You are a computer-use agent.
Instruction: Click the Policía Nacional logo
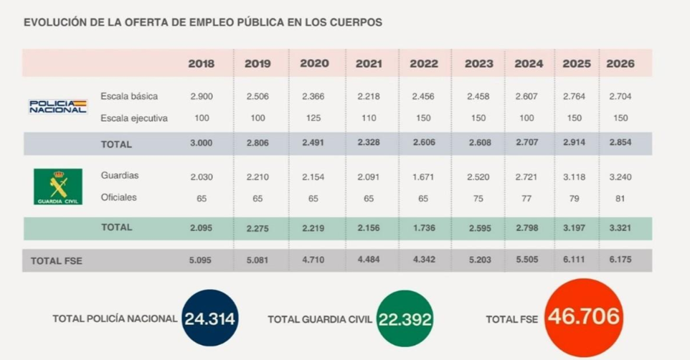(57, 107)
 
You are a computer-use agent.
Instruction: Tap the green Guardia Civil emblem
(57, 186)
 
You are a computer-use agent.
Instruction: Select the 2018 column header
(202, 63)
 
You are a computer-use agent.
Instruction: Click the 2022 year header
(424, 63)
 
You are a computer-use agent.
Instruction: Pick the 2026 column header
(620, 63)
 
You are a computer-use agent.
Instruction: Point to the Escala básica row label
(129, 96)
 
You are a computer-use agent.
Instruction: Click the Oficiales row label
(119, 197)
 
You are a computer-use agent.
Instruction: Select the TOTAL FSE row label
(57, 261)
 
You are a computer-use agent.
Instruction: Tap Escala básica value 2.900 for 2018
(202, 96)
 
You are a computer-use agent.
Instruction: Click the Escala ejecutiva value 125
(313, 118)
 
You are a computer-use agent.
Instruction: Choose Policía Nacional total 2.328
(369, 143)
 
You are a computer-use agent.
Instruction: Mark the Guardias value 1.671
(424, 176)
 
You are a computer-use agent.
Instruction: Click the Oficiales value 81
(620, 197)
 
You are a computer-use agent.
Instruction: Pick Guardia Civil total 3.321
(620, 227)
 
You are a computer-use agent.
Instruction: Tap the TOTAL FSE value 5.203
(479, 260)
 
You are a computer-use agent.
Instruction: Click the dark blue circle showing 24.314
(210, 318)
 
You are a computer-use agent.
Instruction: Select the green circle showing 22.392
(405, 318)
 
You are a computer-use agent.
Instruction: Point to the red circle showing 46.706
(583, 317)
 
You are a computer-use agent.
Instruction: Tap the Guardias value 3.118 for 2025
(572, 176)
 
